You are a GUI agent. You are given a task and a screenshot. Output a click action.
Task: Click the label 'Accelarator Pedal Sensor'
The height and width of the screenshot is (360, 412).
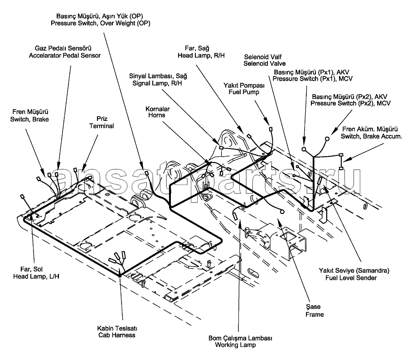tap(64, 56)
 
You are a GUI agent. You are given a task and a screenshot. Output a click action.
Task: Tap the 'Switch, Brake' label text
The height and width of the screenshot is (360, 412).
tap(30, 119)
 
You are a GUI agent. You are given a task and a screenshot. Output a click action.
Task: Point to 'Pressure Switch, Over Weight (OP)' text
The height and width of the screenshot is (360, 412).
tap(100, 23)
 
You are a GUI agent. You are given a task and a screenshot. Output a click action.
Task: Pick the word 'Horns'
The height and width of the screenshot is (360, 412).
tap(158, 115)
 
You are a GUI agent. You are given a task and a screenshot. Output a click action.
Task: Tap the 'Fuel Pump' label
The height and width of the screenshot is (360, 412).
tap(244, 92)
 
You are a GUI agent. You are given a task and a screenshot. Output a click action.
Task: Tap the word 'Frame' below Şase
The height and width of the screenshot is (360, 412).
tap(314, 314)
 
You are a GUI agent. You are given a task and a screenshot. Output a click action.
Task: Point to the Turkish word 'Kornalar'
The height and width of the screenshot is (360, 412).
tap(158, 109)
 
